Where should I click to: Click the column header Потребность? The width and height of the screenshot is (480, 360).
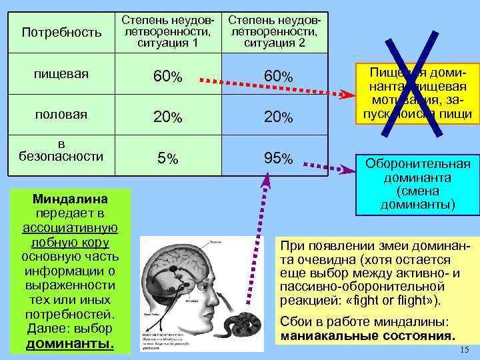(62, 31)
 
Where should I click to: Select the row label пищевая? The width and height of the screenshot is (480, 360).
(61, 74)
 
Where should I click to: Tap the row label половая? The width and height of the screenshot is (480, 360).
(61, 114)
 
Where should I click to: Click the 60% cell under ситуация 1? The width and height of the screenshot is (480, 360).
(167, 77)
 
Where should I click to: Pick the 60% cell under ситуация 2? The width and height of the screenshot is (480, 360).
(278, 77)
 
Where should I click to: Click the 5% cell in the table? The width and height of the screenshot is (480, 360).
(167, 159)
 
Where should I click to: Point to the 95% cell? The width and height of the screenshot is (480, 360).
(278, 159)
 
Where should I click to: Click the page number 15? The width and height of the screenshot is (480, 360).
(465, 351)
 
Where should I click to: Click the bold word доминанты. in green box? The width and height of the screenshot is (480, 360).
(70, 344)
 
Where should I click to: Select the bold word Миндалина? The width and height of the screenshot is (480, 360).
(70, 199)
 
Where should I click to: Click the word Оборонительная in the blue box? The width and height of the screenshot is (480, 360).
(417, 164)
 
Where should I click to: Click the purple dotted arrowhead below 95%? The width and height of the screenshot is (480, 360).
(267, 177)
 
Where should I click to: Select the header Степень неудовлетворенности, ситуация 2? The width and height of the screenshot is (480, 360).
(273, 31)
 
